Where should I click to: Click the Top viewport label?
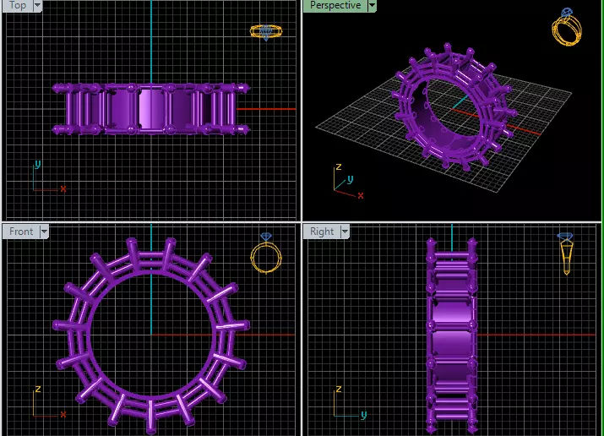click(17, 5)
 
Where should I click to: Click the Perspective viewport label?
click(335, 5)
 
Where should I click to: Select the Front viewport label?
click(21, 232)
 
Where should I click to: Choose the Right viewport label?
click(322, 232)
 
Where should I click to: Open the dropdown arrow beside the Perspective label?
click(372, 5)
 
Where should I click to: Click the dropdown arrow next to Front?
click(44, 232)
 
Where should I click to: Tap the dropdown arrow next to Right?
click(345, 232)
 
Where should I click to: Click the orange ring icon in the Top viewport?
click(265, 32)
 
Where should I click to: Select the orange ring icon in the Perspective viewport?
click(567, 27)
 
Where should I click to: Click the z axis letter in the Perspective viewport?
click(338, 167)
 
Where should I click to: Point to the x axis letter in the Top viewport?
click(63, 188)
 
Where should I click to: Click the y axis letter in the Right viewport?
click(364, 415)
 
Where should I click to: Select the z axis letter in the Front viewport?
click(37, 390)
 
